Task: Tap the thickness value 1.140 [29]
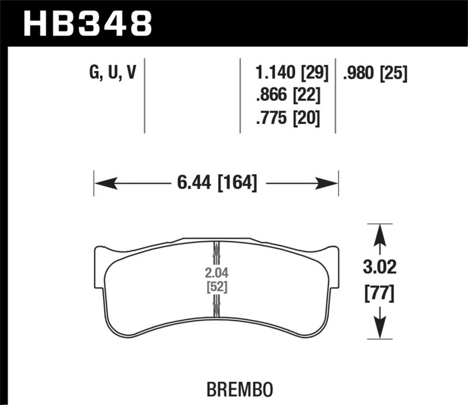click(x=292, y=73)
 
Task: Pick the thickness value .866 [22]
click(x=287, y=96)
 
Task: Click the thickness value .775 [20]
click(x=287, y=118)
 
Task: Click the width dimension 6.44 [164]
click(x=216, y=183)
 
